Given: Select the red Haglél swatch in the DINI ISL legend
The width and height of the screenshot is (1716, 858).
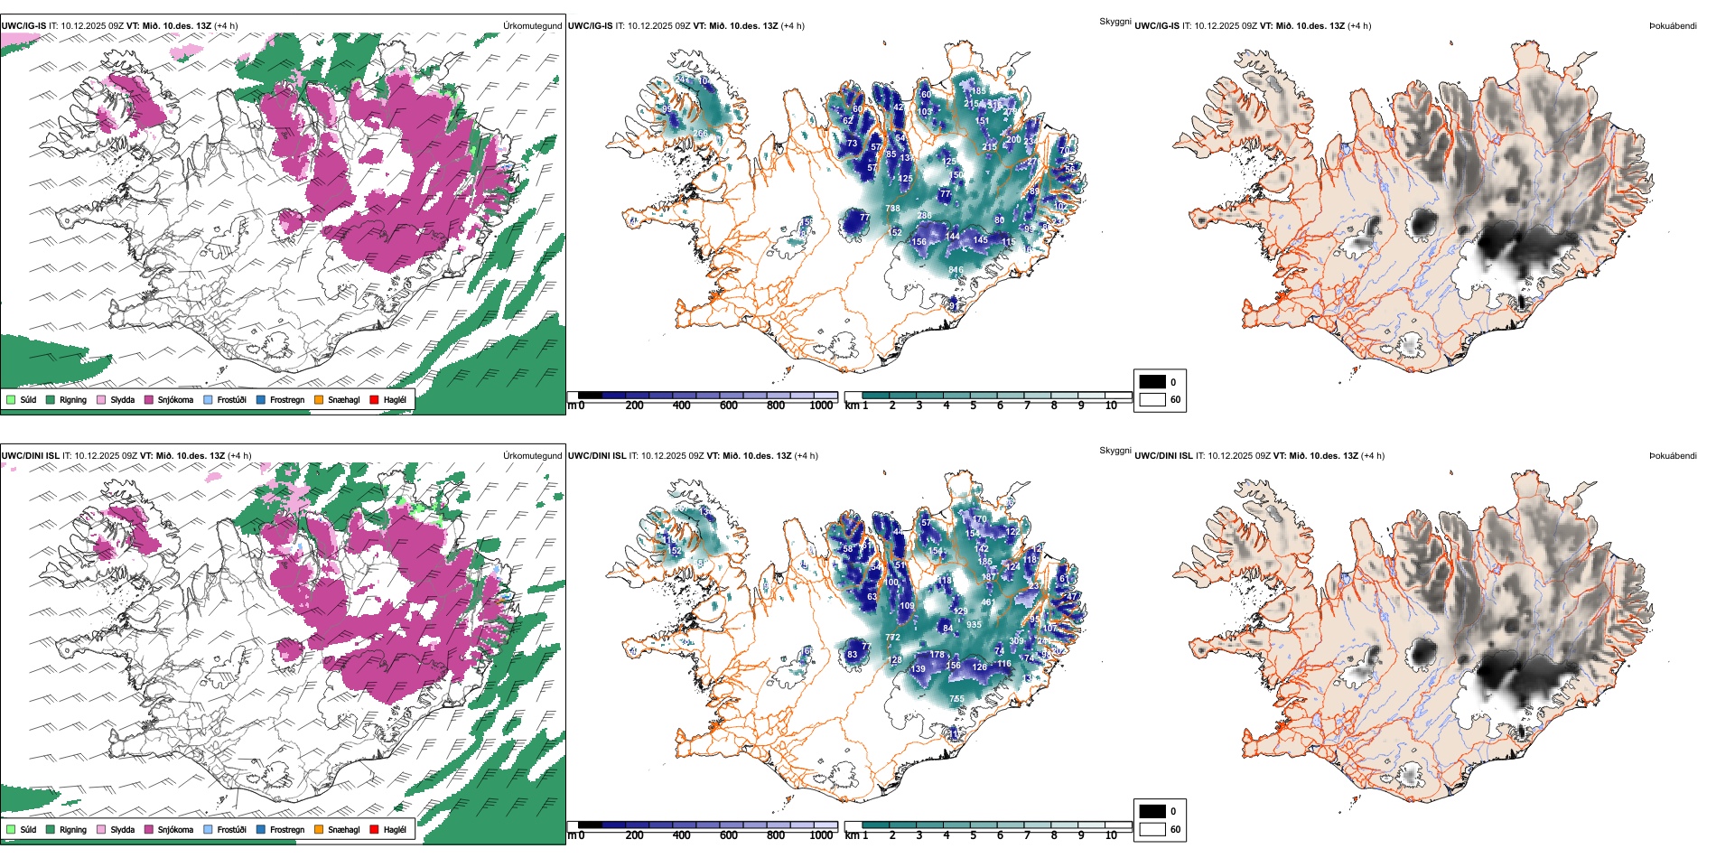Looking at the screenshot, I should pyautogui.click(x=374, y=829).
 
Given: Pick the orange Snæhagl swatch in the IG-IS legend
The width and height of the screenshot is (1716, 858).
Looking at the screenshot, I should pyautogui.click(x=319, y=399).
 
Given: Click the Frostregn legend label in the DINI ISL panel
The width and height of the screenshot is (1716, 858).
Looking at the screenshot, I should pyautogui.click(x=287, y=829).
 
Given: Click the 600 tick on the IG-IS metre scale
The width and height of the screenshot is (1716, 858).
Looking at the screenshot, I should pyautogui.click(x=729, y=406).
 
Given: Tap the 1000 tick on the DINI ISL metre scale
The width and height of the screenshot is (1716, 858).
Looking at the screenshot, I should pyautogui.click(x=821, y=835).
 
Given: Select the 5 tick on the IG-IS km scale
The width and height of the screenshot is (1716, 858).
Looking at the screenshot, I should pyautogui.click(x=973, y=406).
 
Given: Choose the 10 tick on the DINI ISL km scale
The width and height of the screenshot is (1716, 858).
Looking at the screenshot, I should pyautogui.click(x=1111, y=835).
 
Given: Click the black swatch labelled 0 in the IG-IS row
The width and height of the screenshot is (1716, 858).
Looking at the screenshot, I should pyautogui.click(x=1152, y=381).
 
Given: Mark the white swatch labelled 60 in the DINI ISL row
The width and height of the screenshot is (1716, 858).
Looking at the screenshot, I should pyautogui.click(x=1152, y=828).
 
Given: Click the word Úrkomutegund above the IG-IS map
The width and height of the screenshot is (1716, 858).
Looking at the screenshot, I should pyautogui.click(x=533, y=26).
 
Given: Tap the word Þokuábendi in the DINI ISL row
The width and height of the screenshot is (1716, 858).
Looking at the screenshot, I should pyautogui.click(x=1673, y=456).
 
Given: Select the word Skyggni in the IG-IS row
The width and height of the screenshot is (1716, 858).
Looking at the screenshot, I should pyautogui.click(x=1114, y=21).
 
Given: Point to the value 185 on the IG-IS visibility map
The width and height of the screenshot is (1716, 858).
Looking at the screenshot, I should pyautogui.click(x=979, y=91).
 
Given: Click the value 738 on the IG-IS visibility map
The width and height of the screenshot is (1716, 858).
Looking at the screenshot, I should pyautogui.click(x=892, y=209).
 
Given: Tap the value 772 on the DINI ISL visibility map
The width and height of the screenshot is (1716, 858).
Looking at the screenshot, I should pyautogui.click(x=892, y=638).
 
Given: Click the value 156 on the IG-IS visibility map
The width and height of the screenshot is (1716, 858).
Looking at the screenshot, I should pyautogui.click(x=919, y=242).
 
